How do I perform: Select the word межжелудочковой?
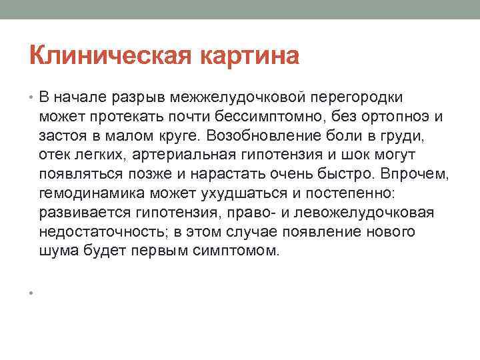[x=244, y=98]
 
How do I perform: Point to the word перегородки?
[x=363, y=98]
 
